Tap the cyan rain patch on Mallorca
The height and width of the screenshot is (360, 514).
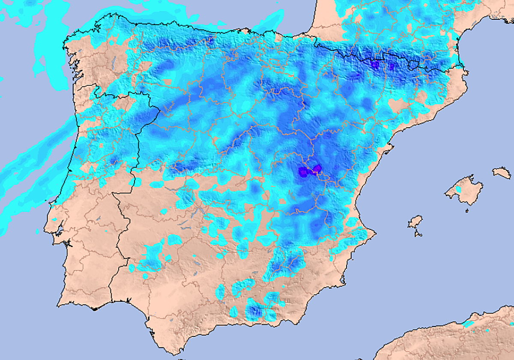(459, 189)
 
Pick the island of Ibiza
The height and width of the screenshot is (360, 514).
(415, 222)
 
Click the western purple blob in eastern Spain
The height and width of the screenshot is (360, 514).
(303, 172)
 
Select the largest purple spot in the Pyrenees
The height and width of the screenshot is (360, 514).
(375, 64)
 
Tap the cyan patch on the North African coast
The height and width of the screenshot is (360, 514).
(469, 324)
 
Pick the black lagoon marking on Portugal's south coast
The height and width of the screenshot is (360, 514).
(94, 308)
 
